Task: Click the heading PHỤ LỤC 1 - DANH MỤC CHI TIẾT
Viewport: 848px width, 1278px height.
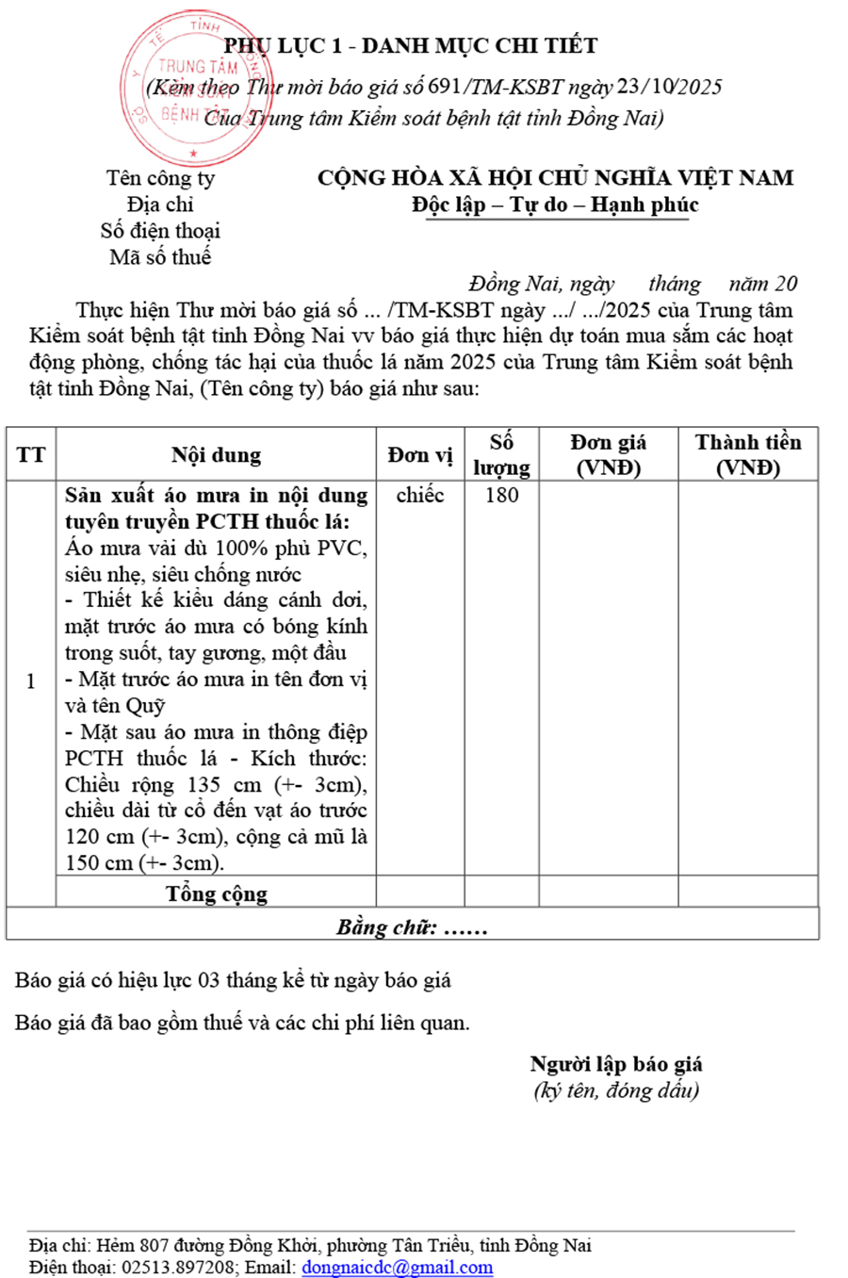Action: pos(411,45)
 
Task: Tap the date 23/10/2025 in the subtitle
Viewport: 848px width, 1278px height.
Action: pos(669,87)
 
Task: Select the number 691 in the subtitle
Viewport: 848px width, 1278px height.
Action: pos(444,87)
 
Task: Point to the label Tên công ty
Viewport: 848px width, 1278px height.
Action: pos(160,178)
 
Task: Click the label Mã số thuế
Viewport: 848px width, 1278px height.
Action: pos(160,256)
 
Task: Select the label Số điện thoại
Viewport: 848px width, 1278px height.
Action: pos(160,231)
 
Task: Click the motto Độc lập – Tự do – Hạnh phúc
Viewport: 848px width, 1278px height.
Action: pos(555,205)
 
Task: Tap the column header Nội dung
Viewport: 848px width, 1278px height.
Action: pos(216,455)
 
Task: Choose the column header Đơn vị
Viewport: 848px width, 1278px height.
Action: pos(420,455)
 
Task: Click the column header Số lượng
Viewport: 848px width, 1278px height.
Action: pos(501,455)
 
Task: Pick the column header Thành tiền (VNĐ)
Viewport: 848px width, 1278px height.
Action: pos(748,455)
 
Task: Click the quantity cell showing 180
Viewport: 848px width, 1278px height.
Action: pos(501,496)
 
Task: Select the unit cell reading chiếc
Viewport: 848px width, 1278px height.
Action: pos(420,496)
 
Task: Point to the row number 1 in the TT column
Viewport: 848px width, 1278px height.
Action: pos(31,680)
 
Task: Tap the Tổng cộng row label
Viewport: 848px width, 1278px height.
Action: pos(217,893)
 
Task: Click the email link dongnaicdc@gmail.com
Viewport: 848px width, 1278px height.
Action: pos(397,1268)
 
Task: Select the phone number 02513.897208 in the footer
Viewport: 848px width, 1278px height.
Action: pos(179,1268)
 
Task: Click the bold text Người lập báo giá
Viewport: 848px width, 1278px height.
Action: pos(616,1064)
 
